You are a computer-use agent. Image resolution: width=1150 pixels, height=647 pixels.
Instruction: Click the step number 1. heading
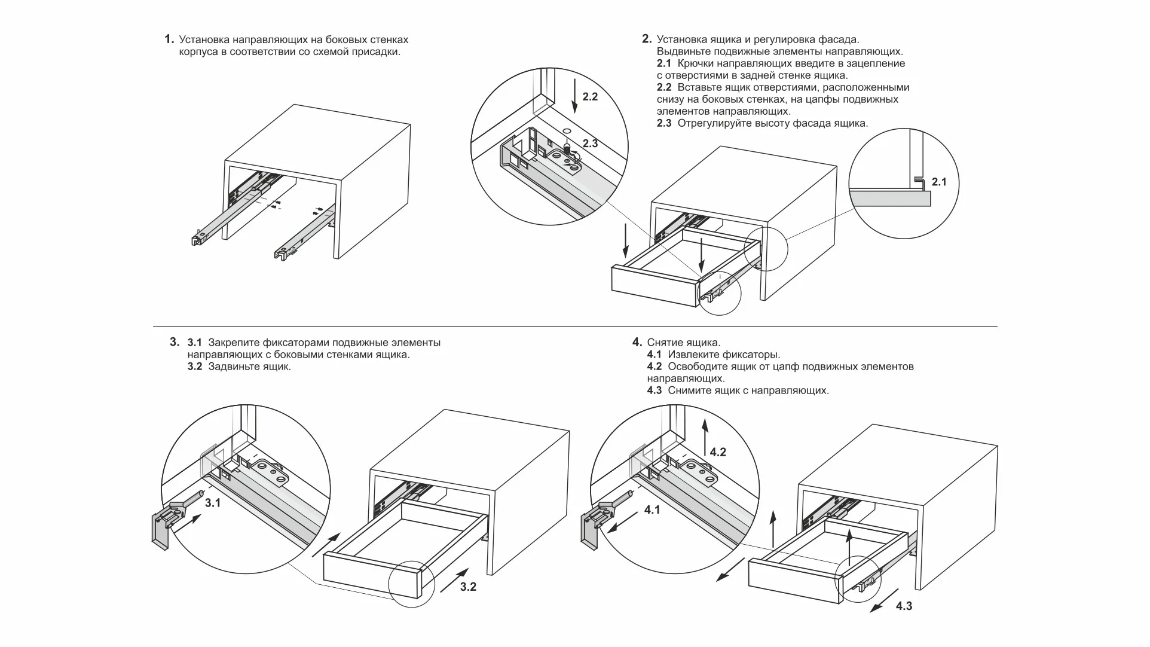pos(169,39)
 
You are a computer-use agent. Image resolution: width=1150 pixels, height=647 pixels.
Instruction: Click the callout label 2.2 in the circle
pos(589,96)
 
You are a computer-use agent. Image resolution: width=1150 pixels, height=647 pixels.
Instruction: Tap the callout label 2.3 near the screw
pos(589,144)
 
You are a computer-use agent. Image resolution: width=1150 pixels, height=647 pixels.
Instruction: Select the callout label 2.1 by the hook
pos(939,182)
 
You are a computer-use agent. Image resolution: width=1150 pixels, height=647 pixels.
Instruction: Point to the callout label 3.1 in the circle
pos(212,503)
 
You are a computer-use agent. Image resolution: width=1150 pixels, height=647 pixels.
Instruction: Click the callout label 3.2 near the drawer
pos(468,587)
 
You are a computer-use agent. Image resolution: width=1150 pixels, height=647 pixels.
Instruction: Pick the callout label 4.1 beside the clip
pos(652,510)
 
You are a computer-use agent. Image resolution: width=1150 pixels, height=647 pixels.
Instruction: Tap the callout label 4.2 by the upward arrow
pos(717,452)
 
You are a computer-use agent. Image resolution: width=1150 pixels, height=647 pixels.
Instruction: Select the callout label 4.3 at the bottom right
pos(904,606)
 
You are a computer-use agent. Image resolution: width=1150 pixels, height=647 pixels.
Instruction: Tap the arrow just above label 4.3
pos(883,600)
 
